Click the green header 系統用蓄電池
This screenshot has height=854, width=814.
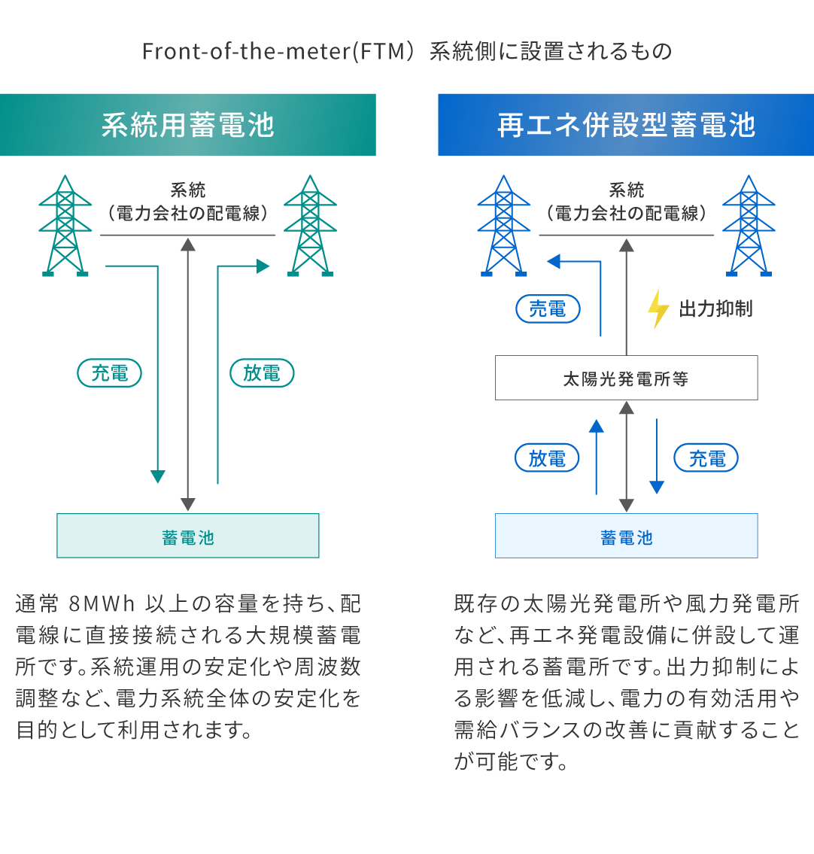187,125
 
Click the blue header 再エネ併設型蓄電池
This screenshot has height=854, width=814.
626,125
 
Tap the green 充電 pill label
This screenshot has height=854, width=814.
110,373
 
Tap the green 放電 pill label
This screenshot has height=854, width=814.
261,373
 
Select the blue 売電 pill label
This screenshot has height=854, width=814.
548,308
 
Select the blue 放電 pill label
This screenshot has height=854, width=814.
547,458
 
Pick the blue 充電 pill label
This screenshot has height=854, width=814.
706,458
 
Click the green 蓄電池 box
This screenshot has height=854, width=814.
188,536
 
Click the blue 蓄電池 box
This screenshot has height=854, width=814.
626,536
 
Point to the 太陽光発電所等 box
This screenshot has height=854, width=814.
626,378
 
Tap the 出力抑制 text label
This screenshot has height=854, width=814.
715,308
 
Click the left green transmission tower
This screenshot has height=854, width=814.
65,226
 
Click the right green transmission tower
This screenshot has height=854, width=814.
309,226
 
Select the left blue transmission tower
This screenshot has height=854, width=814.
503,226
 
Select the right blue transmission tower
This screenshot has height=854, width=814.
748,226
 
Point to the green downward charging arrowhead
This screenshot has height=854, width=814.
157,476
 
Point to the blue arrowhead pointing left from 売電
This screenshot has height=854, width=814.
554,261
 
